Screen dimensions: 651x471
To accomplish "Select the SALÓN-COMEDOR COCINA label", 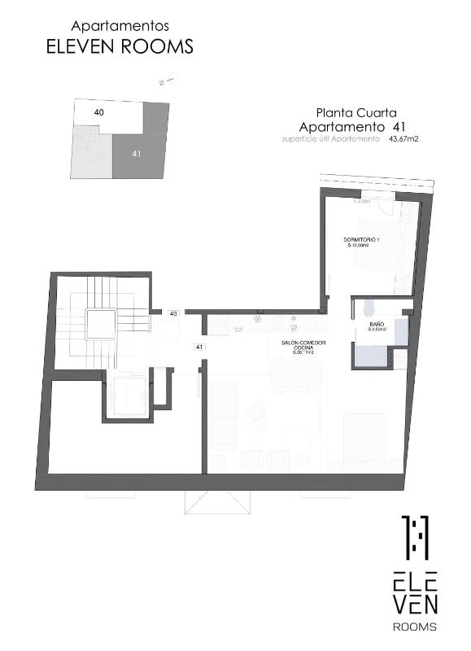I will [303, 347].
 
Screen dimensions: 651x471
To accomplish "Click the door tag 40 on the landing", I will [173, 313].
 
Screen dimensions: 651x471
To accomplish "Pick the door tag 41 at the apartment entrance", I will [198, 347].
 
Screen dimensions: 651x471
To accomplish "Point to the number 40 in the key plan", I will [98, 112].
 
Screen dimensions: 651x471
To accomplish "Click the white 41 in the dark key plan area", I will [136, 152].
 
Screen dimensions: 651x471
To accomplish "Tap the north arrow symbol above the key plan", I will [168, 81].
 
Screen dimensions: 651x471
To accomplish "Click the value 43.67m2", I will [403, 139].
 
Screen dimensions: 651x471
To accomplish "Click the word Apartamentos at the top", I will [120, 27].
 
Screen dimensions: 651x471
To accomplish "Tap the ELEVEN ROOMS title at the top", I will [120, 47].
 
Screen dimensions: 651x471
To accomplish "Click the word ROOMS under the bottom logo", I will [415, 627].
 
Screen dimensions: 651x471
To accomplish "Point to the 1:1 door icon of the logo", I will [415, 537].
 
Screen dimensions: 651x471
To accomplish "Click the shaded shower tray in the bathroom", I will [370, 354].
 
